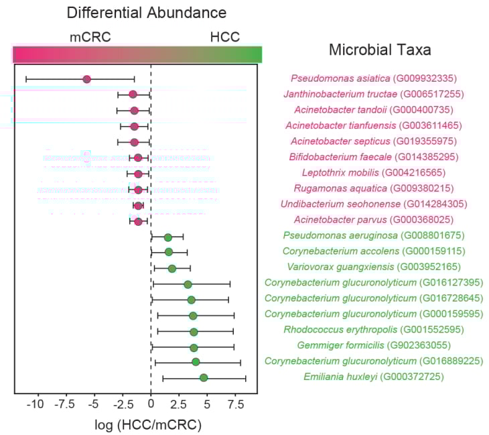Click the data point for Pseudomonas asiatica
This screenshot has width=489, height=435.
click(x=87, y=79)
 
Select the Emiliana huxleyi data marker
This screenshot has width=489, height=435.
click(x=204, y=378)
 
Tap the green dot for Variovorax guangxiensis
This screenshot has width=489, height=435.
click(x=172, y=269)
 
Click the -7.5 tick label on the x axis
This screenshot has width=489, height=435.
click(x=64, y=404)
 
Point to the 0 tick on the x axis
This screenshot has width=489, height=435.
click(x=151, y=404)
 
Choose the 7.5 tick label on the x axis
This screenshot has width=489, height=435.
click(x=234, y=404)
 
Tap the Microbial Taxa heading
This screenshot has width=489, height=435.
click(x=379, y=50)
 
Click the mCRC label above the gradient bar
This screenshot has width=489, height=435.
click(x=90, y=38)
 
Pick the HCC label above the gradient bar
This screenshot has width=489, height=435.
click(x=224, y=38)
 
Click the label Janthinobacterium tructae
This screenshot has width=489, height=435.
click(x=340, y=94)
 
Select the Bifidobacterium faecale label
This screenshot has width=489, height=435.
click(x=340, y=157)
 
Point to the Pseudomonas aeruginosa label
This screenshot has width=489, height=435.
click(x=341, y=236)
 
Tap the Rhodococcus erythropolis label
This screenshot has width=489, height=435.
click(x=341, y=330)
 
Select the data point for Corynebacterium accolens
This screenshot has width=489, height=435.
click(x=169, y=252)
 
